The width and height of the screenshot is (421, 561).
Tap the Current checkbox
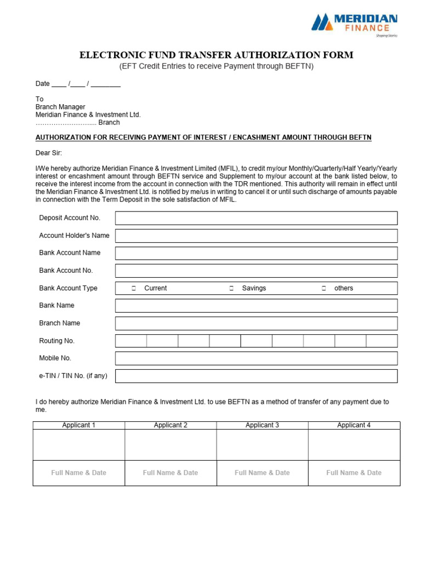(x=134, y=288)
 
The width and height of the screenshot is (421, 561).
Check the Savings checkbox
(x=231, y=288)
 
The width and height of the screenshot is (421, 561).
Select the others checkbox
(x=323, y=288)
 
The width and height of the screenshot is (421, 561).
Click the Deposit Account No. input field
(x=256, y=218)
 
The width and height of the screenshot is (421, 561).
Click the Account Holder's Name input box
(x=256, y=236)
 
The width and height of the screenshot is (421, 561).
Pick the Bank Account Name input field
(x=256, y=253)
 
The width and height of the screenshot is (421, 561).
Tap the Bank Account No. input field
(x=256, y=271)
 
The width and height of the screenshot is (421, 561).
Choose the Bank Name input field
(x=256, y=306)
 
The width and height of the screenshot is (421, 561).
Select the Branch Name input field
(x=256, y=323)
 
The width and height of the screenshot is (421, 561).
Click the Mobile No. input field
(x=256, y=358)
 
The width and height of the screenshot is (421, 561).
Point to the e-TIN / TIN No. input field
(x=256, y=376)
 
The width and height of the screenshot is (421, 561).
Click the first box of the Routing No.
(x=131, y=341)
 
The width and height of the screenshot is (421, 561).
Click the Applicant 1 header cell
(x=79, y=425)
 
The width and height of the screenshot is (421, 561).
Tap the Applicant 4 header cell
(x=354, y=425)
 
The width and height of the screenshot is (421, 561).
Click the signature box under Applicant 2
(x=170, y=445)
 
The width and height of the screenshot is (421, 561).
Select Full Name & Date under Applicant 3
(x=262, y=473)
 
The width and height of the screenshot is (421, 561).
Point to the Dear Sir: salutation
(x=49, y=153)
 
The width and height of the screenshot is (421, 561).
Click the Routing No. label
(x=56, y=341)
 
